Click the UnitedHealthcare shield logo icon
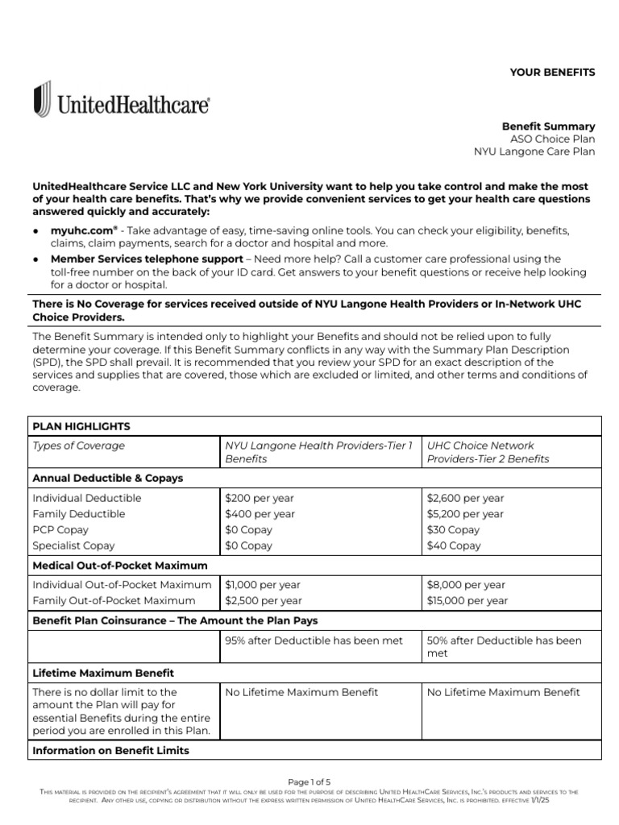tap(43, 100)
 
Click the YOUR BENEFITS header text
tap(552, 73)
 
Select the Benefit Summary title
tap(548, 126)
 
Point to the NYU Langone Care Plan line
tap(534, 151)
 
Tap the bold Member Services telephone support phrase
tap(146, 259)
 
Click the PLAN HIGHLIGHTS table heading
tap(81, 426)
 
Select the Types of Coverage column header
tap(79, 446)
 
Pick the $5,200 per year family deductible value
tap(465, 514)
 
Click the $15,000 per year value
tap(467, 601)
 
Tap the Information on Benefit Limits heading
tap(110, 751)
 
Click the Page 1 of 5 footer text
tap(309, 781)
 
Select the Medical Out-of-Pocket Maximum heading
tap(119, 566)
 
